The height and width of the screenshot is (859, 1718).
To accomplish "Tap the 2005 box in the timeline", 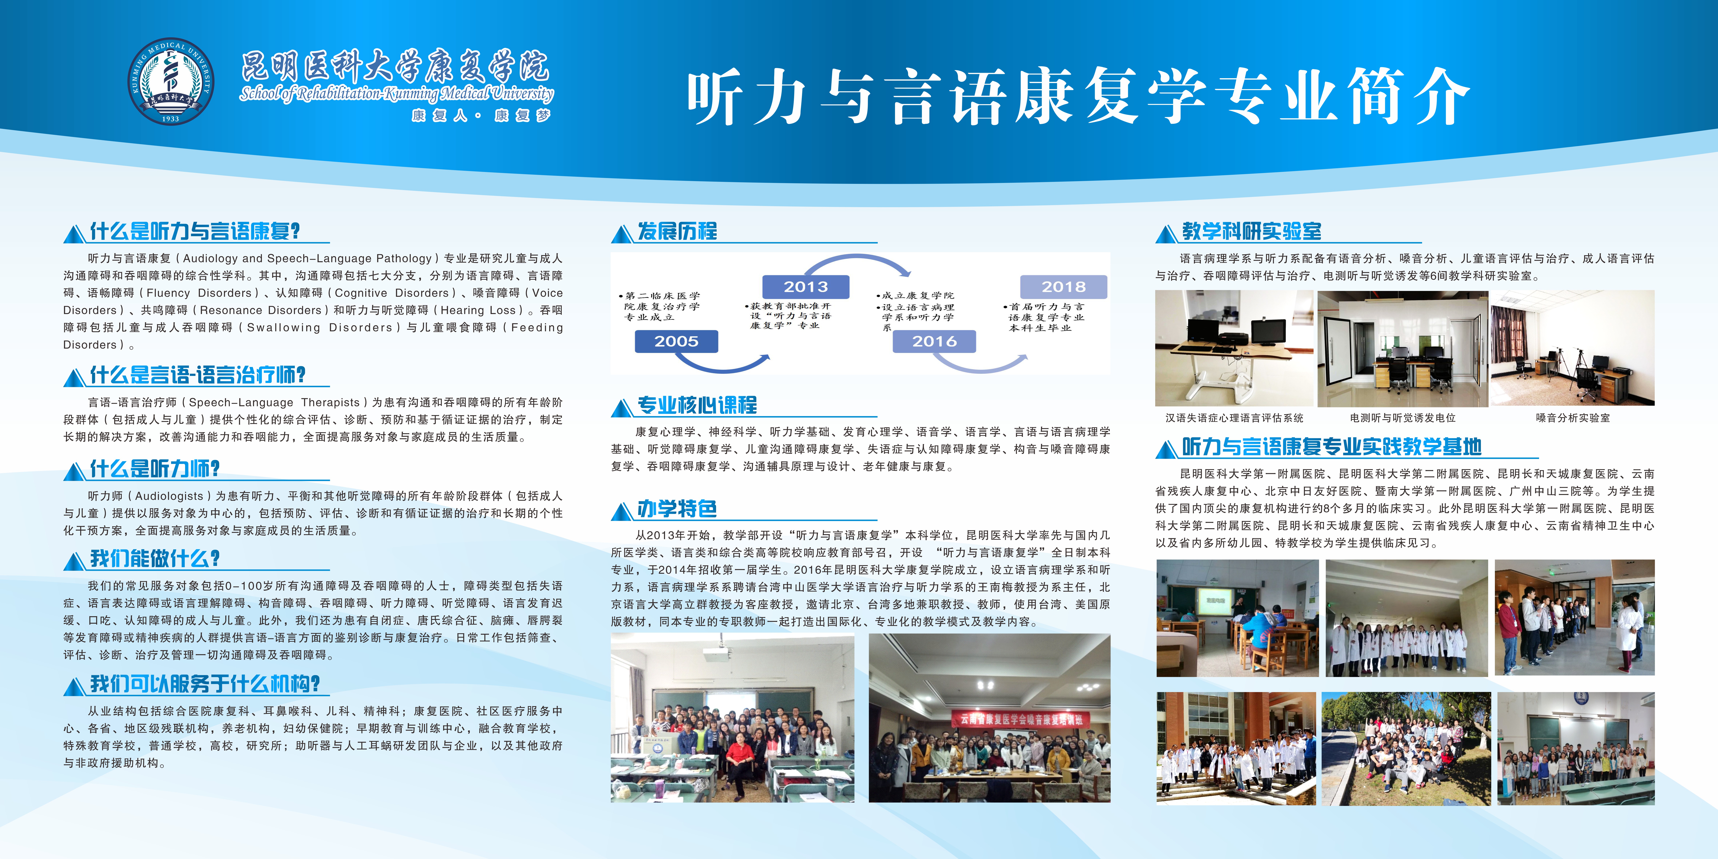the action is pos(676,341).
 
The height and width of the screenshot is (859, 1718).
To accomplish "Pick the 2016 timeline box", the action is pos(934,341).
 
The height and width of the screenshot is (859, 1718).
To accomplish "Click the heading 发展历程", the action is pos(677,231).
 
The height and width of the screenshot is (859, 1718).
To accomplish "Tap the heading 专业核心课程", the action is pos(697,405).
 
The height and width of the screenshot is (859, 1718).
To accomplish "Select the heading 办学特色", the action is pos(677,509).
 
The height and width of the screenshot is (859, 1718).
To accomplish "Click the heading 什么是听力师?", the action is pos(155,469).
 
